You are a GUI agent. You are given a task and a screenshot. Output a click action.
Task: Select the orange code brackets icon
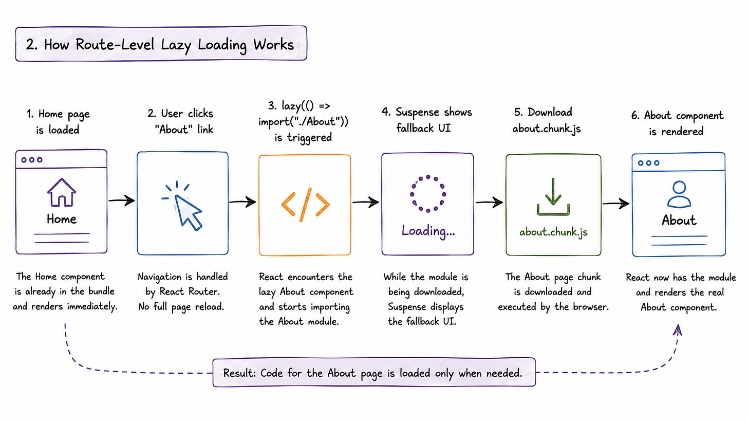(x=305, y=205)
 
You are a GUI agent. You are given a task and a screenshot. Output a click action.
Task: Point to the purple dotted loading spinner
(x=428, y=193)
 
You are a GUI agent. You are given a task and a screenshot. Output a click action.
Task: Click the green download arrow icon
(x=553, y=197)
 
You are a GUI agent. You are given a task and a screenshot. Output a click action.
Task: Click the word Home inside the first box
(x=62, y=219)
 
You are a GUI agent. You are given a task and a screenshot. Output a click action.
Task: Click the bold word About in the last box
(x=679, y=220)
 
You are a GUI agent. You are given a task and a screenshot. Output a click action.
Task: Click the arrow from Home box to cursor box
(x=122, y=200)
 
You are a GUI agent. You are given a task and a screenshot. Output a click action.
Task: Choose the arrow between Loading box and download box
(x=489, y=202)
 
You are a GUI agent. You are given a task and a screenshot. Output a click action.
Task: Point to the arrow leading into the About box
(x=616, y=203)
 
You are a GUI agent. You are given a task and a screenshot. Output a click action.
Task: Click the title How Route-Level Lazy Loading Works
(x=160, y=45)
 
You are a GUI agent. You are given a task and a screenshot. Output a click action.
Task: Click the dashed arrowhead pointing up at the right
(x=678, y=330)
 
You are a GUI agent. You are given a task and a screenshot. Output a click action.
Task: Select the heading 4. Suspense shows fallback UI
(x=427, y=120)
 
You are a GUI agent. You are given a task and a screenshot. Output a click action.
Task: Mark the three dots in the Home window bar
(x=32, y=160)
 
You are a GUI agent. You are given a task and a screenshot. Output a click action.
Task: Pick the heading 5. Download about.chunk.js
(x=546, y=120)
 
